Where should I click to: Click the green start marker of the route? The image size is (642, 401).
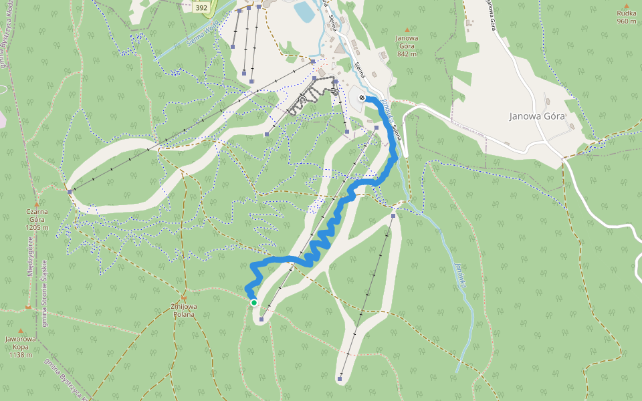(254, 303)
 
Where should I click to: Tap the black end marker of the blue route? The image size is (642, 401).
(362, 98)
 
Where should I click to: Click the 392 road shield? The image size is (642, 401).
(201, 8)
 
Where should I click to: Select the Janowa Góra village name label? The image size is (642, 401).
(537, 116)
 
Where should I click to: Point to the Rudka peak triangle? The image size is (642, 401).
(627, 5)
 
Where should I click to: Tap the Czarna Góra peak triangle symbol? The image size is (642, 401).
(36, 204)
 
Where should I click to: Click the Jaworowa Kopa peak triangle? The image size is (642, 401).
(20, 330)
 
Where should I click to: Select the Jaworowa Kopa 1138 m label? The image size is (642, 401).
(19, 347)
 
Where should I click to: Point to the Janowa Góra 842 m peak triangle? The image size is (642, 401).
(407, 29)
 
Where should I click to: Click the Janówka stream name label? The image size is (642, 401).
(459, 273)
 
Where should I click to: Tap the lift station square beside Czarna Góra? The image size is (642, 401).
(70, 192)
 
